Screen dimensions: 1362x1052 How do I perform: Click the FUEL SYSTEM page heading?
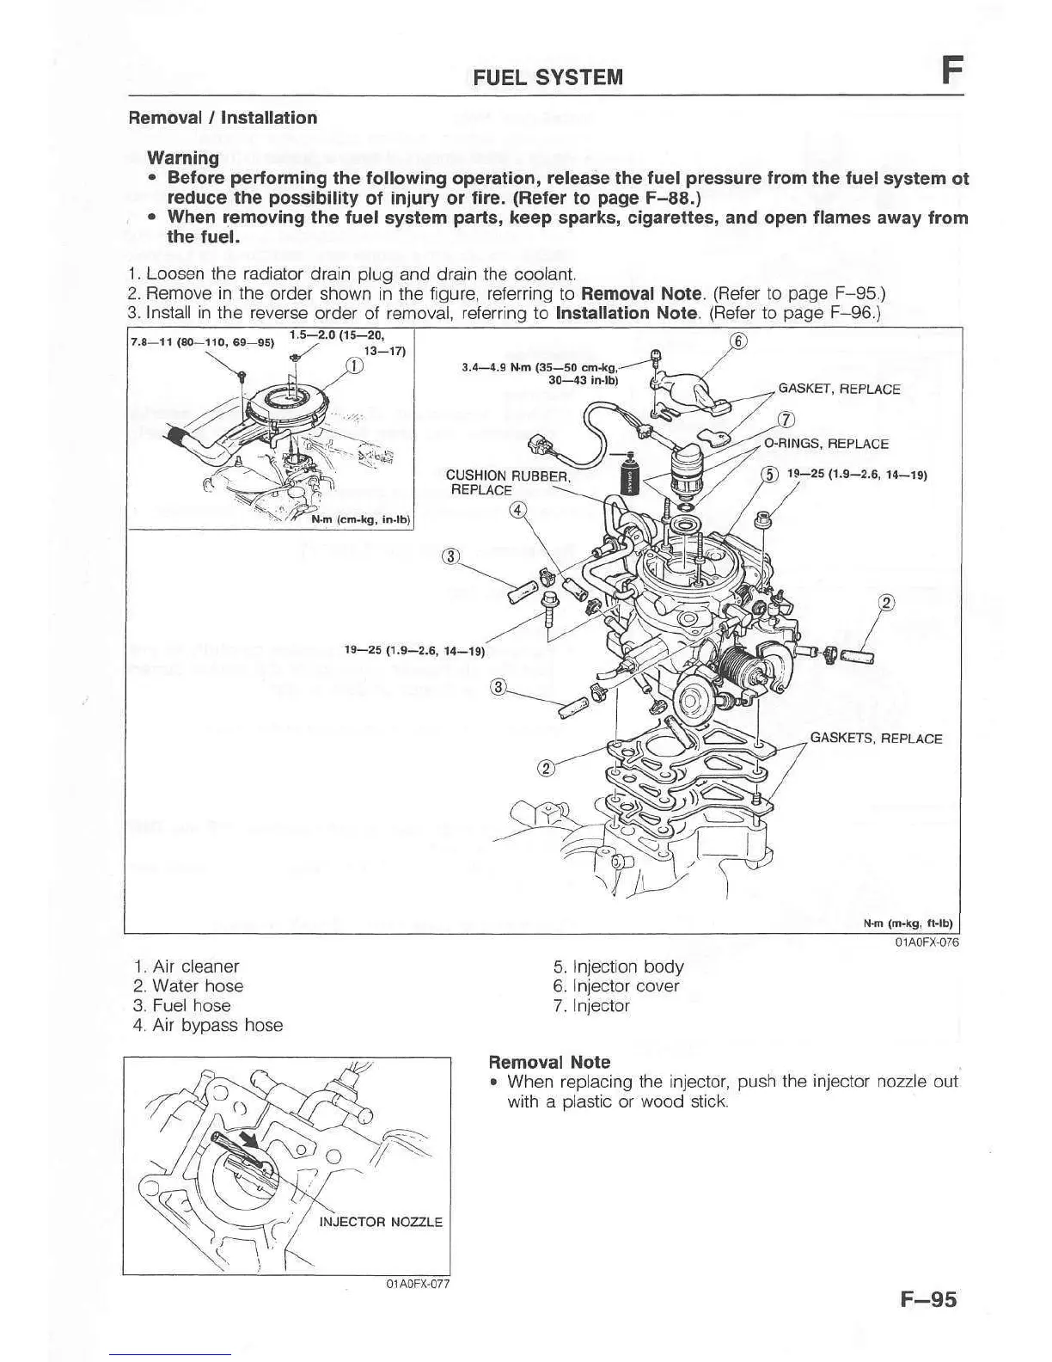tap(548, 77)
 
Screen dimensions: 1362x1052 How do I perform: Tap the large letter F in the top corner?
tap(949, 69)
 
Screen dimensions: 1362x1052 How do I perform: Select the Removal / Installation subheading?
tap(223, 118)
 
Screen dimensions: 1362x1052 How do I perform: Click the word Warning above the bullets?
tap(183, 158)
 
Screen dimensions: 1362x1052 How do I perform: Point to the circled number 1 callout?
tap(352, 368)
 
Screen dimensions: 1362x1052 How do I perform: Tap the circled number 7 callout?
tap(784, 420)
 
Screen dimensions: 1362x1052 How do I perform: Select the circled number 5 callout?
tap(769, 474)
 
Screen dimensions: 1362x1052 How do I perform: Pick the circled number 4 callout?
tap(517, 509)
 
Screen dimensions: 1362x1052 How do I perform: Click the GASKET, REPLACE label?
tap(839, 389)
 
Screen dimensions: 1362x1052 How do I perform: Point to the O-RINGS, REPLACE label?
tap(826, 444)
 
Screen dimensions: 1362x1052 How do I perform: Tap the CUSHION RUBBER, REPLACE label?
tap(507, 482)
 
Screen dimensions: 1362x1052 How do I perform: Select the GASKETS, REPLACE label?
tap(876, 738)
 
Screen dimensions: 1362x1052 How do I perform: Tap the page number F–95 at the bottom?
tap(928, 1299)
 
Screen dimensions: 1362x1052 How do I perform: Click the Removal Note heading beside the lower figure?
tap(549, 1062)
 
